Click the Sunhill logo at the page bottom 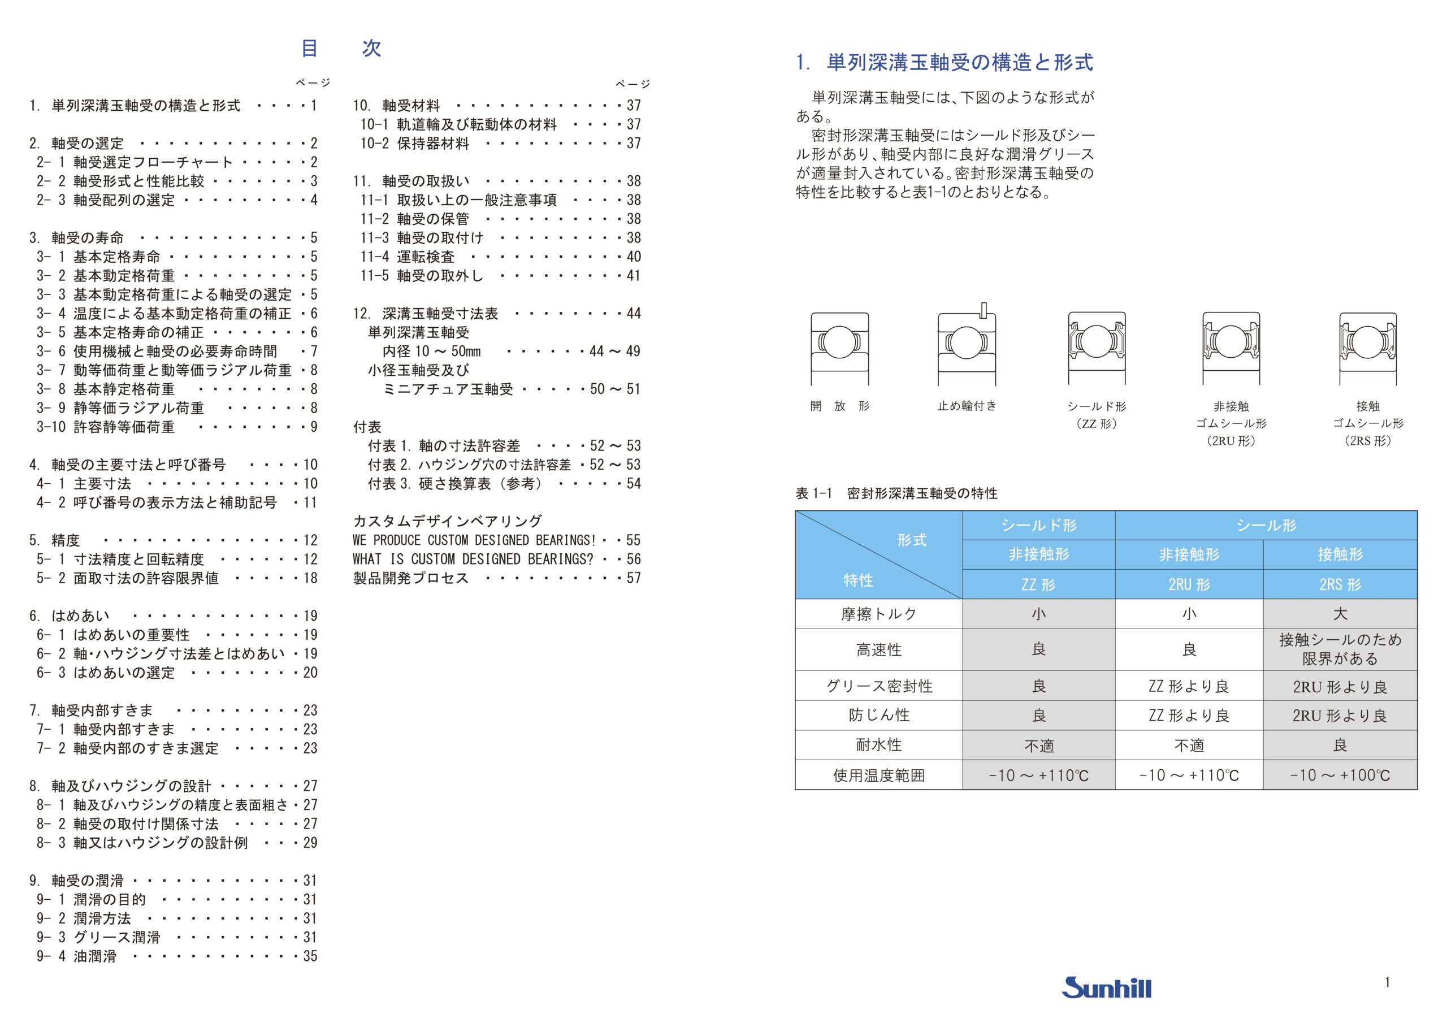pyautogui.click(x=1106, y=987)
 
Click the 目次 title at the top pyautogui.click(x=341, y=49)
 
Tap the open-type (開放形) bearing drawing pyautogui.click(x=839, y=348)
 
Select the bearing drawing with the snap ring pyautogui.click(x=967, y=346)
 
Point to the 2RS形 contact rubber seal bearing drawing pyautogui.click(x=1368, y=348)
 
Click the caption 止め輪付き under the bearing pyautogui.click(x=967, y=406)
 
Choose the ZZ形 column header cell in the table pyautogui.click(x=1038, y=584)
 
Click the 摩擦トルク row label pyautogui.click(x=878, y=613)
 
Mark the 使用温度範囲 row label pyautogui.click(x=878, y=775)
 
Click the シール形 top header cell pyautogui.click(x=1266, y=525)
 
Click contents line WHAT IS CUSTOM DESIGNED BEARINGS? pyautogui.click(x=473, y=559)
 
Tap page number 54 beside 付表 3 pyautogui.click(x=634, y=483)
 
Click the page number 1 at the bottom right pyautogui.click(x=1387, y=981)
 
